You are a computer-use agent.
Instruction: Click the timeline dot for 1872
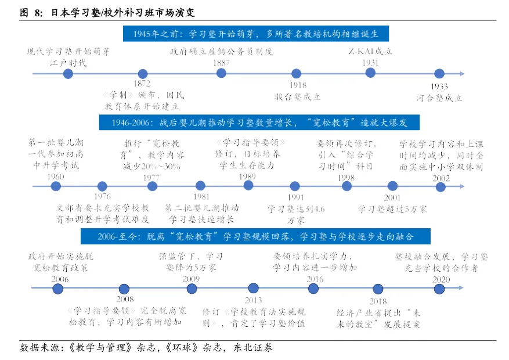[x=142, y=73]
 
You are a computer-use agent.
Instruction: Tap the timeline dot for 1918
[x=297, y=73]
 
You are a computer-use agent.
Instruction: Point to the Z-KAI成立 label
[x=370, y=51]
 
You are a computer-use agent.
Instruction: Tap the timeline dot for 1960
[x=56, y=186]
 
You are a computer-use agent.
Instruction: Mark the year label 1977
[x=152, y=177]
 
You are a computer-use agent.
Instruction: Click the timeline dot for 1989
[x=248, y=185]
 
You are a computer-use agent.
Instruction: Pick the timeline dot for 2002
[x=441, y=186]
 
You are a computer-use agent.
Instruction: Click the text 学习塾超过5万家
[x=392, y=209]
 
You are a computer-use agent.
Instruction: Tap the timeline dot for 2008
[x=124, y=289]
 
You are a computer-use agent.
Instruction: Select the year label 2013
[x=253, y=300]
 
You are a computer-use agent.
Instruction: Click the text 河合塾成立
[x=439, y=98]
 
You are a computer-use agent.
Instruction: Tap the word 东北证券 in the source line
[x=252, y=348]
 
